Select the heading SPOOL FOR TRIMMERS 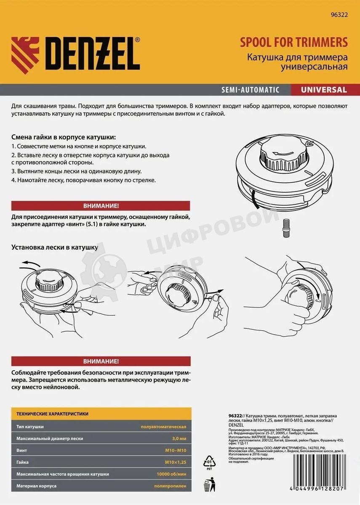point(294,43)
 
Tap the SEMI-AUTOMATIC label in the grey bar point(250,90)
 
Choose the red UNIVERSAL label point(324,90)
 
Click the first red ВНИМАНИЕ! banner point(101,206)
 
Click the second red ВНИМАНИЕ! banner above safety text point(101,361)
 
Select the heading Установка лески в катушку point(55,247)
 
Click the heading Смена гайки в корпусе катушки point(63,138)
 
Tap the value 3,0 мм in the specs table point(179,439)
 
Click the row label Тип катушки point(30,427)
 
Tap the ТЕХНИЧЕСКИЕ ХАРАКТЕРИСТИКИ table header point(52,414)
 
